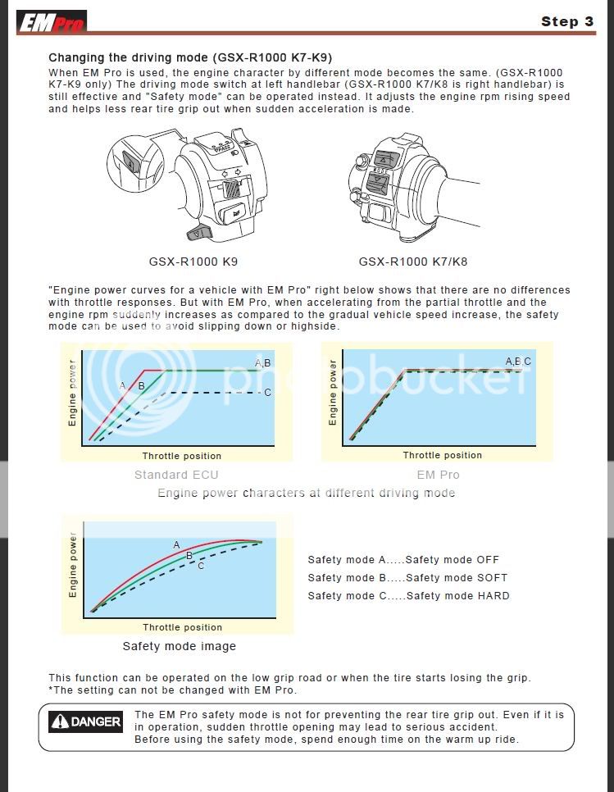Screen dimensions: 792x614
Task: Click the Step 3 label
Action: point(567,22)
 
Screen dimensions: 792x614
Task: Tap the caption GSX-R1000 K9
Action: point(193,262)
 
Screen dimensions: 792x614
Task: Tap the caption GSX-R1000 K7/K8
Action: point(413,262)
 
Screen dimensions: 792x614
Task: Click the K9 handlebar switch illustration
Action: point(193,184)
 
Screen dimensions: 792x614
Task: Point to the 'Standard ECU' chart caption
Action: point(176,475)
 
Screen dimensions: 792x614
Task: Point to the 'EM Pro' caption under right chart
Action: point(439,475)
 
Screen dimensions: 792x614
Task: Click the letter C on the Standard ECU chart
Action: point(267,393)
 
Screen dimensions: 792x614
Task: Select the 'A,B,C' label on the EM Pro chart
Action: point(517,362)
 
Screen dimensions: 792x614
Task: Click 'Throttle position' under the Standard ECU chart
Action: point(181,456)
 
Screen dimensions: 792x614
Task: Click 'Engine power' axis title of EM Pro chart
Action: point(333,392)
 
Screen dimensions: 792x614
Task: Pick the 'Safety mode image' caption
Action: point(179,646)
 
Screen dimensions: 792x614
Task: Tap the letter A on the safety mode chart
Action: point(176,544)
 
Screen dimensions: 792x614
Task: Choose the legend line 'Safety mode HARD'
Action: point(408,596)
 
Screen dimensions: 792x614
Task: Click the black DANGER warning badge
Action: point(85,722)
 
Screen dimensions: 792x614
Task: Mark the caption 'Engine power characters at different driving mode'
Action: point(306,493)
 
